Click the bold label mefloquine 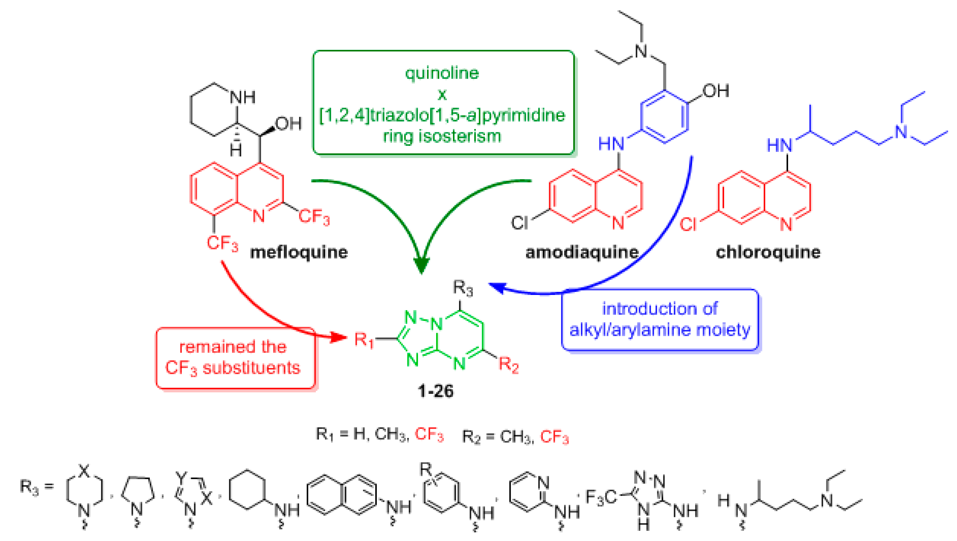299,253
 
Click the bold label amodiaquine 582,253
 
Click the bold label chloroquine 768,253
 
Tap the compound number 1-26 435,391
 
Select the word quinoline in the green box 442,73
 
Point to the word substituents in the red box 251,368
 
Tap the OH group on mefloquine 288,124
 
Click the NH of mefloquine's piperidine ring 243,97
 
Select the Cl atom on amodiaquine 519,223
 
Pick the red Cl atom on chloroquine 688,225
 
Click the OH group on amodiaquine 716,91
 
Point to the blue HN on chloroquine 780,145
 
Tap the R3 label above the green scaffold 463,288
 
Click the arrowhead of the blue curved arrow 496,287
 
